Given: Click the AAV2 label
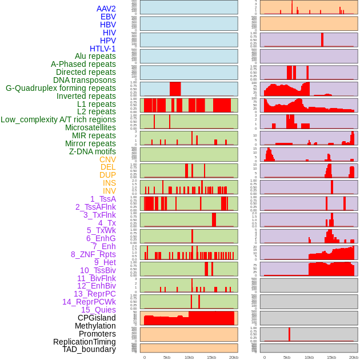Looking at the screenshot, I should tap(106, 9).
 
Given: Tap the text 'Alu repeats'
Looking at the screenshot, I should tap(95, 56).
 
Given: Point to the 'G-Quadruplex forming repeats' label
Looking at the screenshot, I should tap(61, 88).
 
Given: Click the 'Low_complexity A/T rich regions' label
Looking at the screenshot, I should tap(58, 119).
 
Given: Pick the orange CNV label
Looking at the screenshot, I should tap(107, 159).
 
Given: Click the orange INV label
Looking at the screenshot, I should tap(109, 191).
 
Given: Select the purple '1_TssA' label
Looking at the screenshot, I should tap(103, 199).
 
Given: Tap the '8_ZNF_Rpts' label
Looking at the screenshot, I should tap(93, 254).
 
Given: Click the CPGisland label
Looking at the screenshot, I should tap(97, 318).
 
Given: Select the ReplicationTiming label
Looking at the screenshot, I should tap(84, 342).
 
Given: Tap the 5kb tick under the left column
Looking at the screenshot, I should tap(167, 357).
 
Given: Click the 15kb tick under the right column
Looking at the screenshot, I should tap(331, 357).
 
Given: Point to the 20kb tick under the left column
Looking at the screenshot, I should tap(233, 357).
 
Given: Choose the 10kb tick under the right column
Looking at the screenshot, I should tap(309, 357).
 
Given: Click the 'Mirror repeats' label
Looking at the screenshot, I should tap(90, 143).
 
